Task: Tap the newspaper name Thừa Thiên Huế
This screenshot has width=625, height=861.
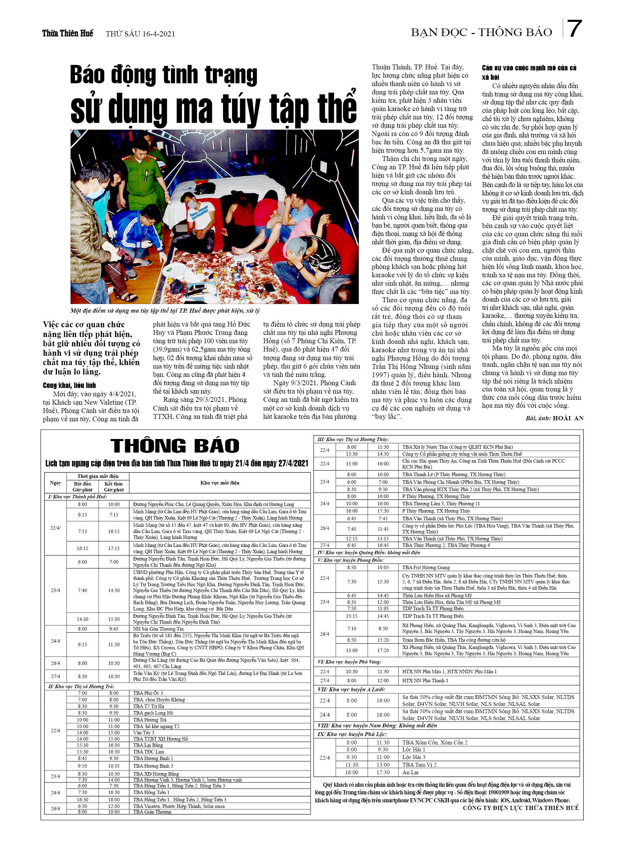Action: tap(67, 33)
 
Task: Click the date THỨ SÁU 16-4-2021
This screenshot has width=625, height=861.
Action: tap(140, 34)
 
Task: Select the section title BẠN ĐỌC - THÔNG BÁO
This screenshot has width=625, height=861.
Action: tap(481, 32)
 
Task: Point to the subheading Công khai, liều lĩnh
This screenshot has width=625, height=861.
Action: tap(69, 385)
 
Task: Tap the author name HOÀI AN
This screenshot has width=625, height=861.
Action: tap(568, 418)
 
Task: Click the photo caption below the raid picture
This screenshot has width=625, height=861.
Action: tap(165, 311)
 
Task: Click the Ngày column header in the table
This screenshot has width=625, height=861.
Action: tap(55, 482)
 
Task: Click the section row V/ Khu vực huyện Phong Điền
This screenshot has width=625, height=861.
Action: tap(351, 560)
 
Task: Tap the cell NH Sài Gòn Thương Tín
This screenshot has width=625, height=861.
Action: tap(158, 629)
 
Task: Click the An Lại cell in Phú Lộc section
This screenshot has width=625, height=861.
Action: tap(411, 772)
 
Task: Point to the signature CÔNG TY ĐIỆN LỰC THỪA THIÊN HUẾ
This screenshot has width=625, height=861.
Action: tap(520, 808)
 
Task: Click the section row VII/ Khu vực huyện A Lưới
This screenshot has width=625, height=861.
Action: tap(351, 689)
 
